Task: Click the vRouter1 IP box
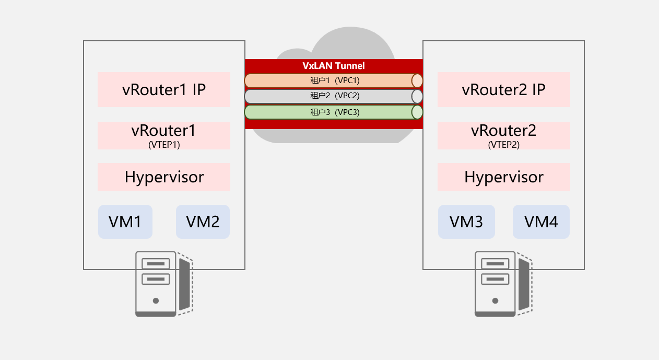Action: click(164, 89)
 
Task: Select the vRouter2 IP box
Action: click(503, 89)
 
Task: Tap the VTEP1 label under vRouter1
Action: click(164, 145)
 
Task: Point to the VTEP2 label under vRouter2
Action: click(503, 145)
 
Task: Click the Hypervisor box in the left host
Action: click(164, 177)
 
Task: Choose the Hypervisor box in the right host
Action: click(503, 177)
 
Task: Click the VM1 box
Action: click(125, 222)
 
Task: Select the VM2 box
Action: click(203, 222)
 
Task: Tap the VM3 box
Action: click(466, 222)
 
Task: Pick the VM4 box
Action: click(541, 222)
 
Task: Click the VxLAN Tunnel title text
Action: click(334, 66)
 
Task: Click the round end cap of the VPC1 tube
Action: click(417, 80)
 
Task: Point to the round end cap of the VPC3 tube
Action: click(417, 112)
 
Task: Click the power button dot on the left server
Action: click(156, 300)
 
